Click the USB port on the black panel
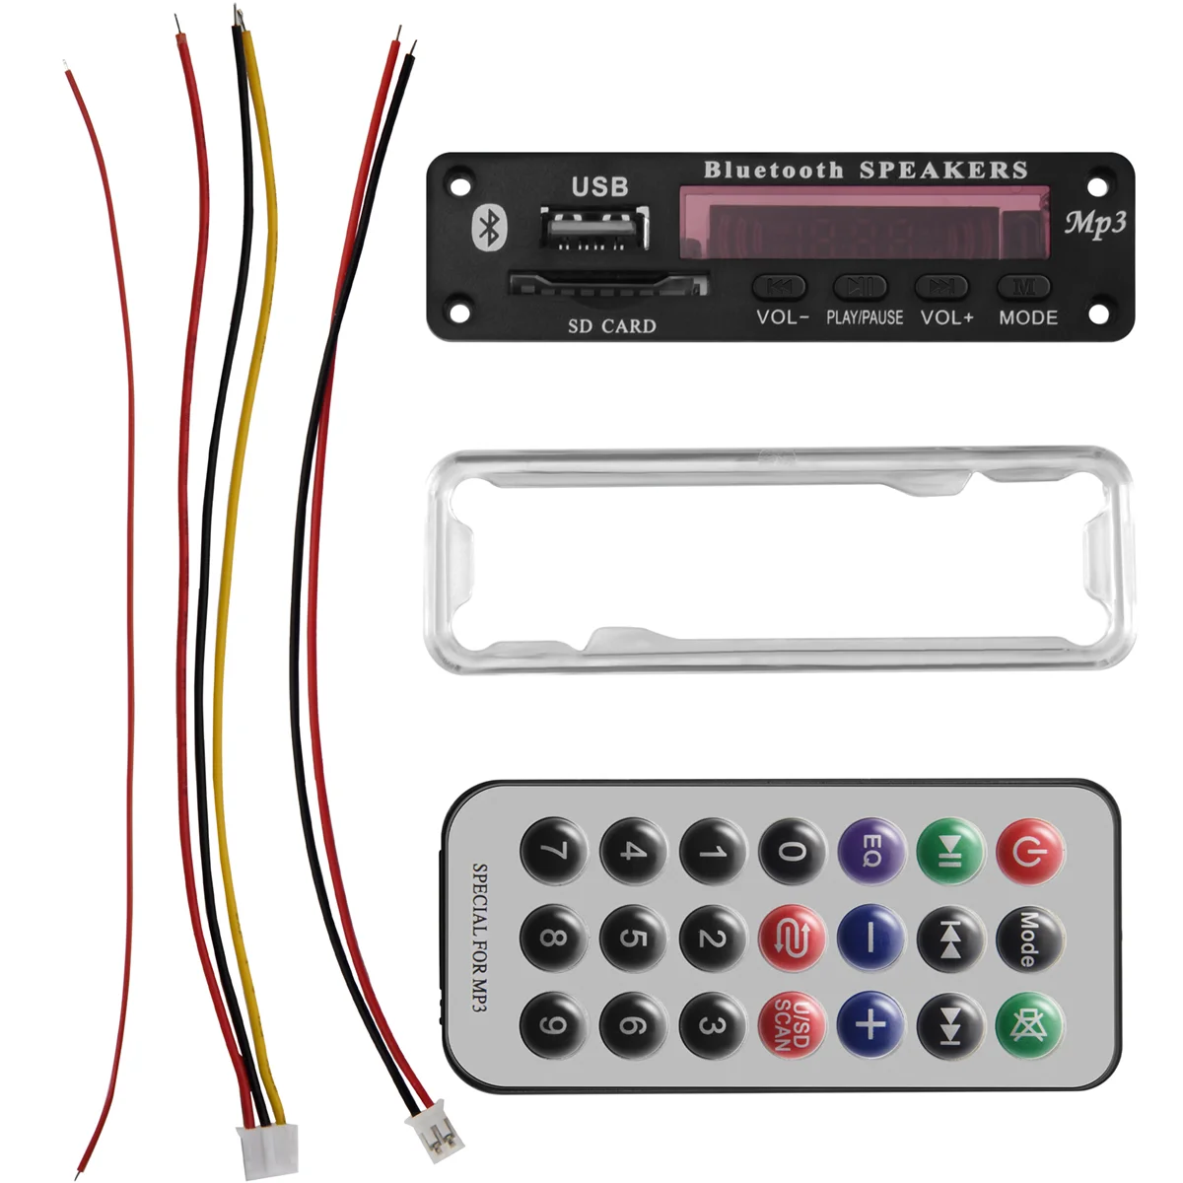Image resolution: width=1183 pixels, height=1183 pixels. [594, 228]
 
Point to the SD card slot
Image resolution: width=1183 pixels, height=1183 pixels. [608, 285]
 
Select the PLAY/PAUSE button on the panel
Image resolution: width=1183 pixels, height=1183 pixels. [861, 287]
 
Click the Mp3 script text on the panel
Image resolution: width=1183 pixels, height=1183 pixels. [1095, 223]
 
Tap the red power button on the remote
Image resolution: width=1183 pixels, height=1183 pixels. [1029, 851]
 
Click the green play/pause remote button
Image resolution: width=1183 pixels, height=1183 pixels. [949, 851]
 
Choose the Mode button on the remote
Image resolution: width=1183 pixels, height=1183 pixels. [1029, 938]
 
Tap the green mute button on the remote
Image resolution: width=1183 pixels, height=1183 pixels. [1029, 1025]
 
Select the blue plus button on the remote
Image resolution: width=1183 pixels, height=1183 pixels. [870, 1025]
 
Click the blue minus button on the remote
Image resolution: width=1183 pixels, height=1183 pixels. [870, 938]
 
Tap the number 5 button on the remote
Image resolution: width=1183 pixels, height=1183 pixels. [632, 938]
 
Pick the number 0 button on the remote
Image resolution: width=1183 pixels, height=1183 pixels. [791, 851]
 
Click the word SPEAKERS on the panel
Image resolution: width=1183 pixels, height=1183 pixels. [943, 171]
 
